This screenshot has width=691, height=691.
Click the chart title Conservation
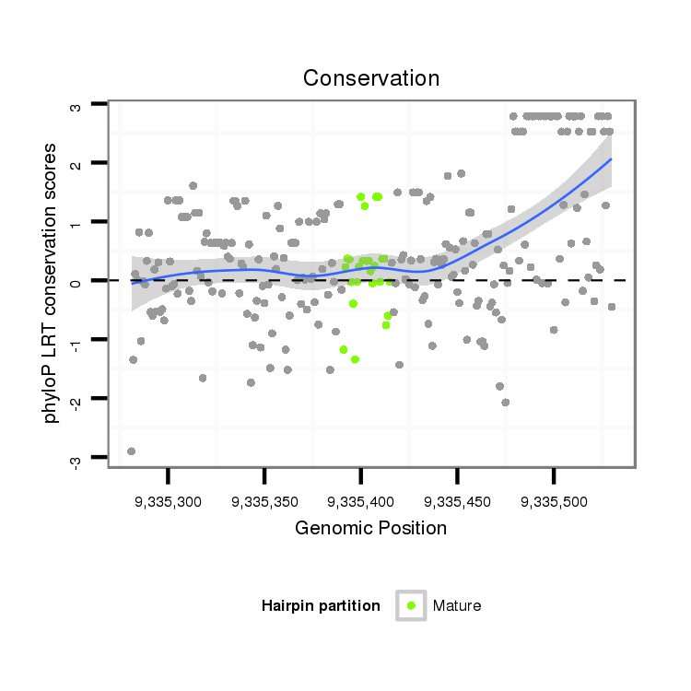pos(371,78)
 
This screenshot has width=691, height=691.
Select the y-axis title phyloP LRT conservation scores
pos(52,283)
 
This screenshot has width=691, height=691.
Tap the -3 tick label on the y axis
pos(77,460)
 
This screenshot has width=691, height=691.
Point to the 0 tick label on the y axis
pos(77,282)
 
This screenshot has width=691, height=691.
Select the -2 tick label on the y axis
pos(77,401)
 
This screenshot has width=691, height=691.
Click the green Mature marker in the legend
pos(411,605)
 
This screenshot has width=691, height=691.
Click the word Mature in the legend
pos(457,605)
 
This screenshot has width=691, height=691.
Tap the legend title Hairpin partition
pos(321,605)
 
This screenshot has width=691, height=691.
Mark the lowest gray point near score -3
pos(131,451)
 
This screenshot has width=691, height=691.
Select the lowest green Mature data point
pos(355,359)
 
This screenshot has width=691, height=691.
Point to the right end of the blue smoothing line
pos(611,159)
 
